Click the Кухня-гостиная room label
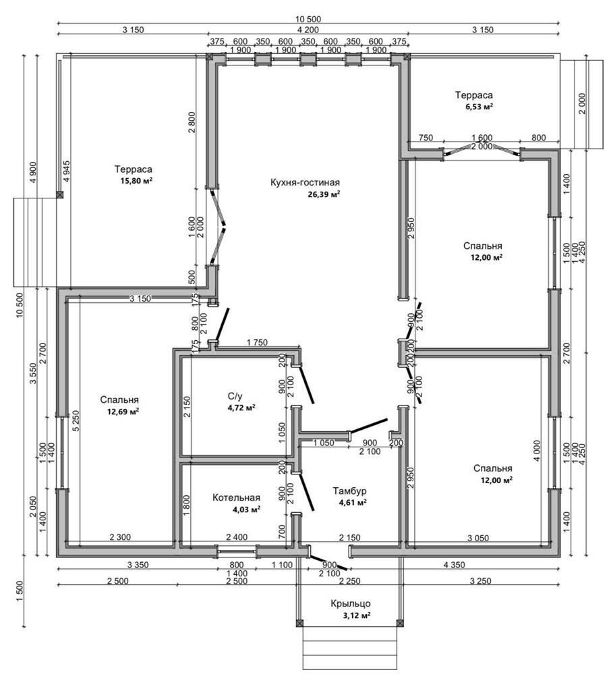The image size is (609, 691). pyautogui.click(x=305, y=182)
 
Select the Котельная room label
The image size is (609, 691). pyautogui.click(x=236, y=498)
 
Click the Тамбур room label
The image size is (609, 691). pyautogui.click(x=349, y=491)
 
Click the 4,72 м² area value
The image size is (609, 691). pyautogui.click(x=241, y=408)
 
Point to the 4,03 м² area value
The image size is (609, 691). pyautogui.click(x=246, y=510)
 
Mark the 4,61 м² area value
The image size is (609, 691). pyautogui.click(x=352, y=502)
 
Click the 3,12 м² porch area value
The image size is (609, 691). pyautogui.click(x=357, y=615)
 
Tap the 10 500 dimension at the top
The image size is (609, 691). pyautogui.click(x=308, y=18)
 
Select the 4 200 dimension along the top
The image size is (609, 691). pyautogui.click(x=308, y=29)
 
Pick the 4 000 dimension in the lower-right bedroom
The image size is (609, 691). pyautogui.click(x=537, y=451)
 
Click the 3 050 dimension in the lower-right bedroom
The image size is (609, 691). pyautogui.click(x=479, y=537)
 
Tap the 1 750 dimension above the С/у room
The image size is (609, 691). pyautogui.click(x=256, y=343)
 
